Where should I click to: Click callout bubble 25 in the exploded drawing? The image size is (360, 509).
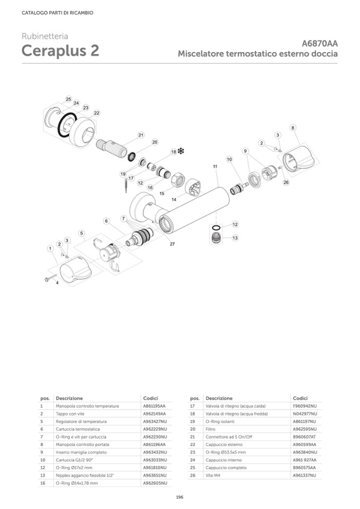[x=68, y=99]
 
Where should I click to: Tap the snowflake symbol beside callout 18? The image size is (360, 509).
[x=181, y=151]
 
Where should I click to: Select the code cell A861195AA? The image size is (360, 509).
[x=155, y=406]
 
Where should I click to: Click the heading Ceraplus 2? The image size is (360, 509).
[x=60, y=51]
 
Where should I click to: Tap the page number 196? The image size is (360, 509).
[x=179, y=497]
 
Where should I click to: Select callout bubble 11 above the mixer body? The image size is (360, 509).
[x=215, y=167]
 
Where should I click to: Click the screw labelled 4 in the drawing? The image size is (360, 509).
[x=49, y=278]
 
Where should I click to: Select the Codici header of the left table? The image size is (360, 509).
[x=151, y=398]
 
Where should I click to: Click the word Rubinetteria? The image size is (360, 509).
[x=45, y=36]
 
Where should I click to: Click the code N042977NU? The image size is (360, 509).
[x=305, y=413]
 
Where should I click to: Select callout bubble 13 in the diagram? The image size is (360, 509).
[x=235, y=238]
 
